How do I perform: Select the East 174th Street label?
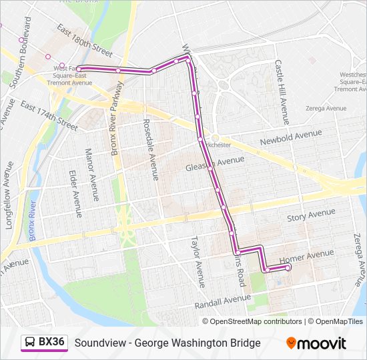[x=49, y=115]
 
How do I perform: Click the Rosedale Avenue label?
[x=150, y=149]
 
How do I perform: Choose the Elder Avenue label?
[x=75, y=194]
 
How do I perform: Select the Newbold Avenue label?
[x=291, y=137]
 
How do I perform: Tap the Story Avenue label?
[x=311, y=215]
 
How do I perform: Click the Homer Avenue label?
[x=306, y=255]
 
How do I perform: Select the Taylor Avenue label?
[x=198, y=261]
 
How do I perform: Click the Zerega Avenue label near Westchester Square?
[x=326, y=107]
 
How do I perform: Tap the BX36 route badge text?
[x=51, y=342]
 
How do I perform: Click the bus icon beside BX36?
[x=31, y=342]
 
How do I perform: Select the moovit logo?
[x=316, y=343]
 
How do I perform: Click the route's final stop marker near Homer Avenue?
[x=288, y=267]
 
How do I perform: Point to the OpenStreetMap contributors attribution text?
[x=256, y=321]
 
